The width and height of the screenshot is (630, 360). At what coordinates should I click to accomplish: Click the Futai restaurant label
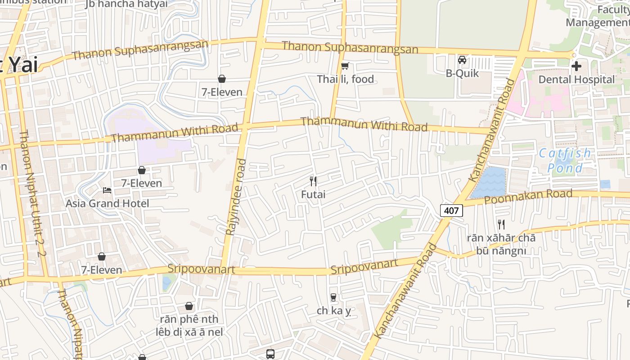click(313, 195)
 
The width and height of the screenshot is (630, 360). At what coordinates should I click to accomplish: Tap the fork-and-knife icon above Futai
click(313, 181)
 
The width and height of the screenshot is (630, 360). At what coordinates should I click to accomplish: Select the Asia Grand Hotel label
click(107, 203)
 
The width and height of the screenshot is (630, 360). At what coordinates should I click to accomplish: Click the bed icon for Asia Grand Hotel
click(107, 190)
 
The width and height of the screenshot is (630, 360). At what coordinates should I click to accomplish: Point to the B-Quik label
click(462, 73)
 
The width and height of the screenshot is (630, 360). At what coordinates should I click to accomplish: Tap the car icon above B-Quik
click(462, 60)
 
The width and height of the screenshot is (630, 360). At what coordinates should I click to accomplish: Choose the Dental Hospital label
click(576, 80)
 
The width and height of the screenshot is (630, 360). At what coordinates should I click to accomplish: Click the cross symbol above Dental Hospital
click(576, 67)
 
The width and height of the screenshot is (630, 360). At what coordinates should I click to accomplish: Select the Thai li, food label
click(345, 79)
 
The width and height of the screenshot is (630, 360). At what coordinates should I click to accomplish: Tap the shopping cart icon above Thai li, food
click(345, 66)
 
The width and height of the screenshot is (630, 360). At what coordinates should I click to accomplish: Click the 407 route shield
click(451, 210)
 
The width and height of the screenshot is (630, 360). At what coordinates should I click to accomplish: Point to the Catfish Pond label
click(565, 161)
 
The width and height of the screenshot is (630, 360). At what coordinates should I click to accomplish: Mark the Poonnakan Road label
click(528, 197)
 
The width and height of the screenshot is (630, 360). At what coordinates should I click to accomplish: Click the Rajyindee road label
click(237, 197)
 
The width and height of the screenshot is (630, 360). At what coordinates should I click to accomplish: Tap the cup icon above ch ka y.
click(333, 297)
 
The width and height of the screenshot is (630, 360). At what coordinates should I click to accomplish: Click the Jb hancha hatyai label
click(126, 4)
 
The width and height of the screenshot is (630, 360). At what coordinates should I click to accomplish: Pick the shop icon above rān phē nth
click(189, 306)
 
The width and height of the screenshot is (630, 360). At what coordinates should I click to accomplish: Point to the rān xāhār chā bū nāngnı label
click(501, 244)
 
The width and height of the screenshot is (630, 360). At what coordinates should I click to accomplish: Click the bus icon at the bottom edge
click(270, 354)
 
